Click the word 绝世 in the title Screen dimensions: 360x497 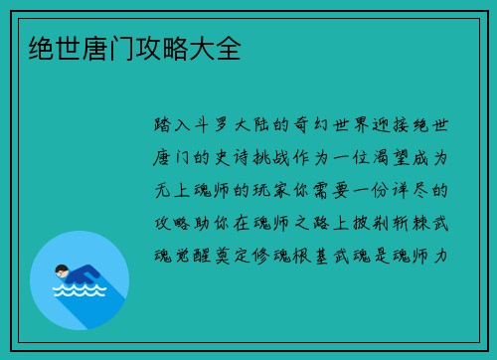tap(44, 49)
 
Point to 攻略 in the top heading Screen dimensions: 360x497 tap(155, 49)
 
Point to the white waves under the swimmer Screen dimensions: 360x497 tap(79, 291)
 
